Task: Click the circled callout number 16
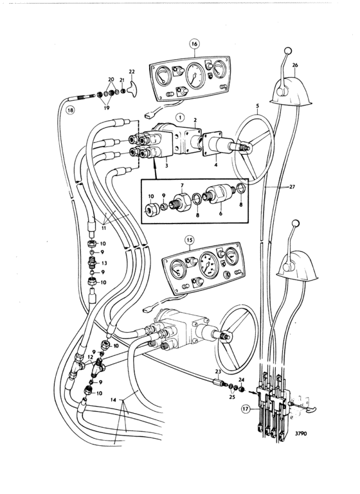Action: click(195, 44)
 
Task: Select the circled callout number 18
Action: click(69, 110)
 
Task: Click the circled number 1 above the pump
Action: click(180, 118)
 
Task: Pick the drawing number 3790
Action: click(301, 434)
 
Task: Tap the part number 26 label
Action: click(294, 66)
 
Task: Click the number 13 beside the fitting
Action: click(104, 263)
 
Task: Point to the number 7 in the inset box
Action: click(182, 185)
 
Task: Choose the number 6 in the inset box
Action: click(221, 214)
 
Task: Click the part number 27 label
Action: click(292, 187)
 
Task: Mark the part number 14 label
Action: click(114, 400)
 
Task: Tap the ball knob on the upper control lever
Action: click(287, 51)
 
